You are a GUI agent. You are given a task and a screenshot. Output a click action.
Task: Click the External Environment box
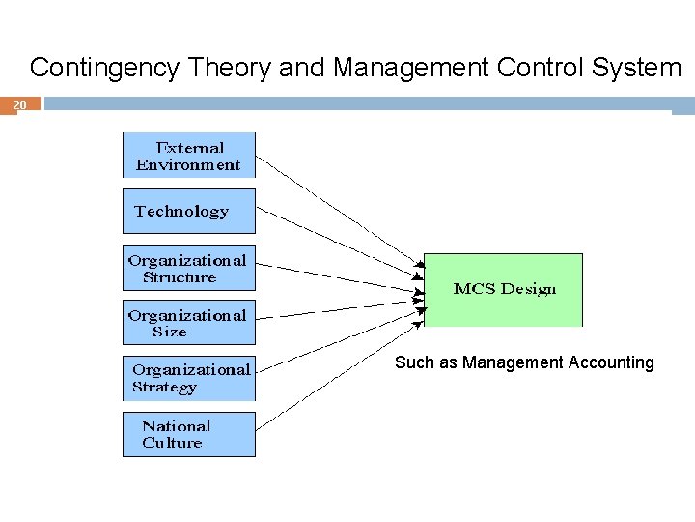pos(188,156)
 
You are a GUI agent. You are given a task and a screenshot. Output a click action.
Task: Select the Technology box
pos(188,211)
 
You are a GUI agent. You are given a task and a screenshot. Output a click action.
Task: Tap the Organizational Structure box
pos(188,268)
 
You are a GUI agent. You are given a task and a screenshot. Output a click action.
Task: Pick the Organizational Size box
pos(188,323)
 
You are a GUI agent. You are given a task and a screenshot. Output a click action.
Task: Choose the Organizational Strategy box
pos(188,378)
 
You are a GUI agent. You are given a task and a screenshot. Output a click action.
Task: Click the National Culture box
pos(188,434)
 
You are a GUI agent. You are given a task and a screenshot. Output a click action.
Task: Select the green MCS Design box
pos(504,289)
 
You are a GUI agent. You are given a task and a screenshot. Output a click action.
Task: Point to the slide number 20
pos(20,103)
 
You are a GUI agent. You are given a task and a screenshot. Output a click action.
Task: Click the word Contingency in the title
pos(102,68)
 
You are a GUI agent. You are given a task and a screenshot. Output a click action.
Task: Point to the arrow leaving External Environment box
pos(338,208)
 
